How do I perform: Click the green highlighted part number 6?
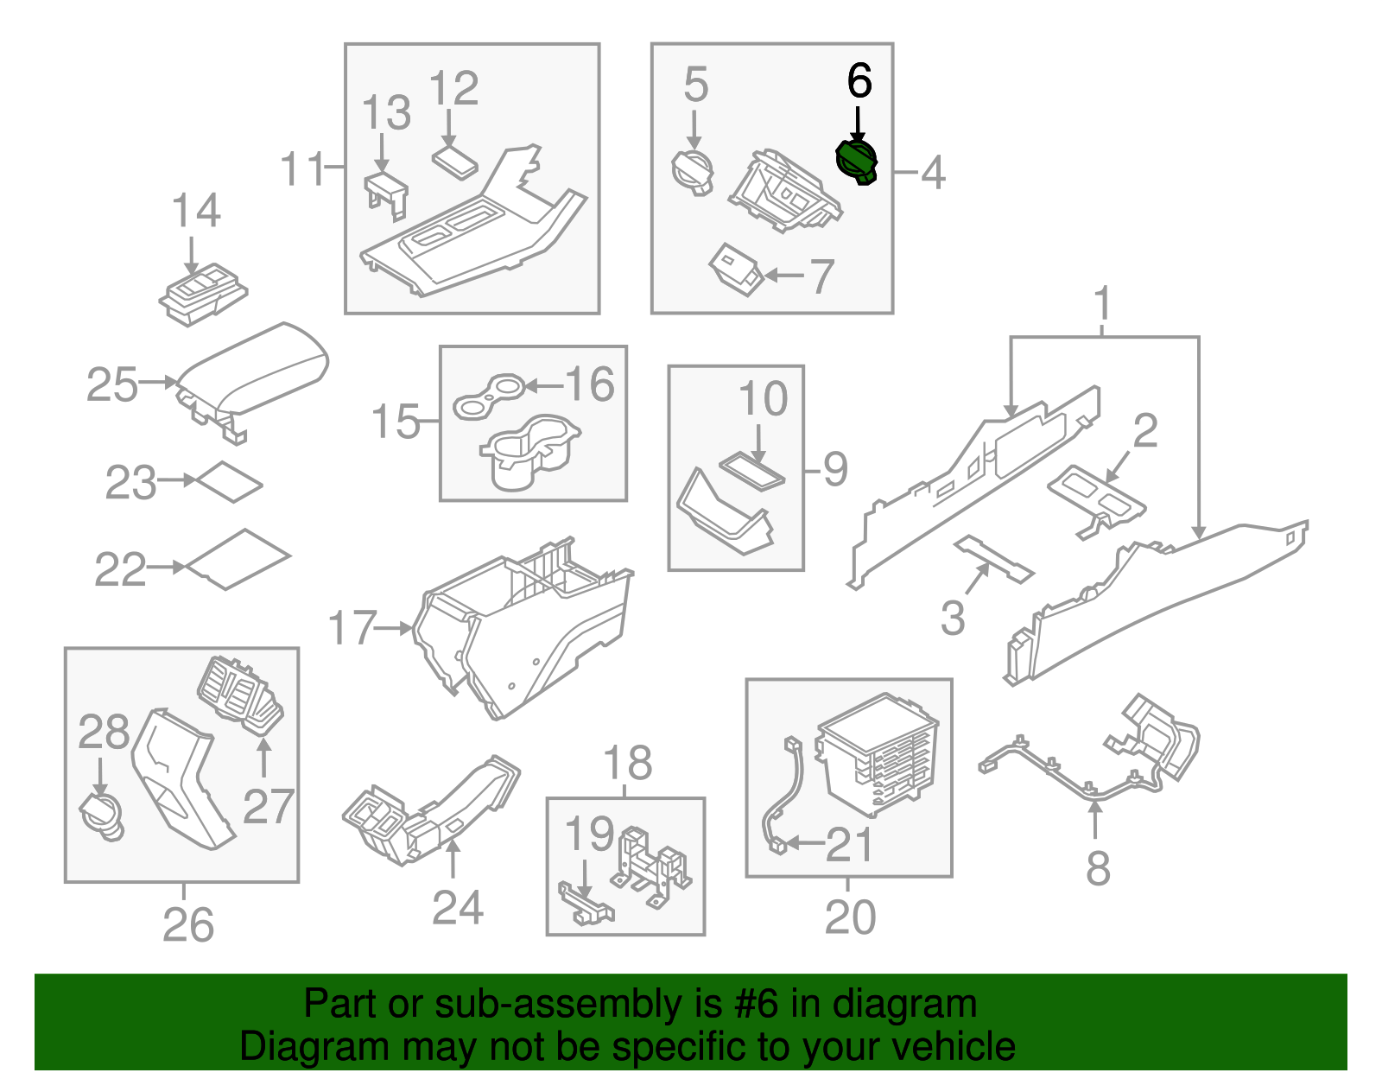pos(857,162)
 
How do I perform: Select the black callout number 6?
pos(859,81)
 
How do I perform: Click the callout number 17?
pos(352,628)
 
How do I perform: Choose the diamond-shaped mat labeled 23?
pos(229,482)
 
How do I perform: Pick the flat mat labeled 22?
pos(238,559)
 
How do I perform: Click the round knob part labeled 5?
pos(693,170)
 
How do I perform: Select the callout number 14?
pos(196,211)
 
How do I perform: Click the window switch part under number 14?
pos(204,296)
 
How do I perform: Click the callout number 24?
pos(457,907)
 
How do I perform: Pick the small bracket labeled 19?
pos(587,904)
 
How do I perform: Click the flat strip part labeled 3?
pos(993,559)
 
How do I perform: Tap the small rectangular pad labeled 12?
pos(455,162)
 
